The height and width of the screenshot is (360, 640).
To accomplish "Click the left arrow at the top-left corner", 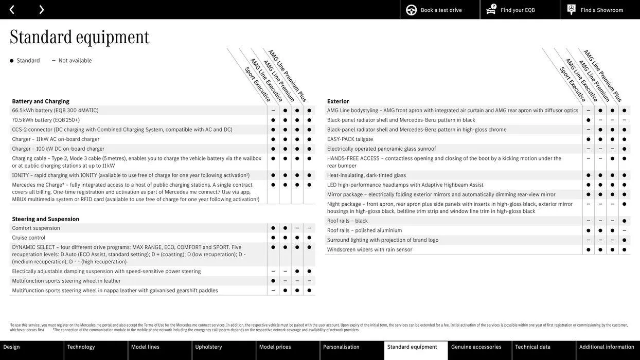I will [12, 10].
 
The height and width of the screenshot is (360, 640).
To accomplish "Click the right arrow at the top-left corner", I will [41, 10].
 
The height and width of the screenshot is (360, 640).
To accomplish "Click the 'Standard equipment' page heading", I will [80, 37].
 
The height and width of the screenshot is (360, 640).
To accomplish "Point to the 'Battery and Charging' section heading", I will [41, 101].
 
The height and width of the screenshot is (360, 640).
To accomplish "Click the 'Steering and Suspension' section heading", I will [46, 219].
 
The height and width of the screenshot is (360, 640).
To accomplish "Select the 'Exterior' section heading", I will [338, 101].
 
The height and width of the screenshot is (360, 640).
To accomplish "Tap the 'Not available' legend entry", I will [75, 61].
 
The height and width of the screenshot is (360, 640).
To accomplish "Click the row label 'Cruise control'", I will [29, 238].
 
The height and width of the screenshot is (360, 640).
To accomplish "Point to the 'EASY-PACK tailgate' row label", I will [350, 139].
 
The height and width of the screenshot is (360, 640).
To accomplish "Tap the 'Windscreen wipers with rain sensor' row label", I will [369, 249].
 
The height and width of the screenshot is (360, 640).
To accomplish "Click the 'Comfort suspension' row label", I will [36, 228].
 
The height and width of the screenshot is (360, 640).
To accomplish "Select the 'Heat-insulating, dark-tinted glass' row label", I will [366, 175].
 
